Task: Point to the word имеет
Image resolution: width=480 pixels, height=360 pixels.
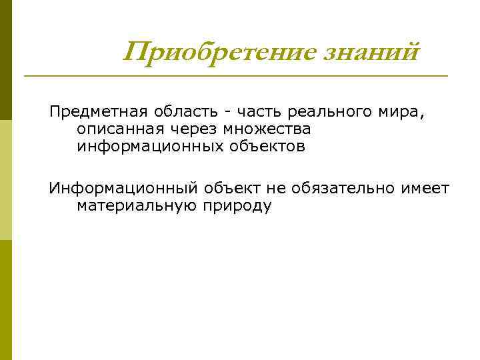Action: click(x=425, y=189)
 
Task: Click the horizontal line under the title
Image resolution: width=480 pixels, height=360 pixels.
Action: click(x=236, y=76)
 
